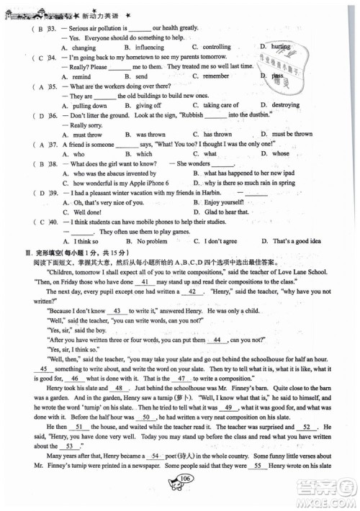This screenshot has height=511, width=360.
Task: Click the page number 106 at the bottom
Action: point(185,499)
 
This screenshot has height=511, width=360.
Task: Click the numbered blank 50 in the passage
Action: point(146,417)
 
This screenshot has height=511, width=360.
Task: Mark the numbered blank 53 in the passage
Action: point(69,446)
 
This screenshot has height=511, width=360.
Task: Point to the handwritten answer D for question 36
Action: point(42,115)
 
